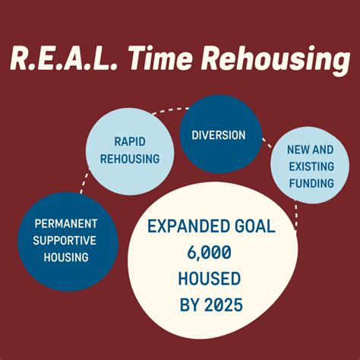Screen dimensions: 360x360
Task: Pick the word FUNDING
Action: pyautogui.click(x=310, y=183)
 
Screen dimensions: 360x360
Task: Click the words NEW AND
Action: pyautogui.click(x=310, y=150)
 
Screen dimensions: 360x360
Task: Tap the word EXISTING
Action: pyautogui.click(x=310, y=166)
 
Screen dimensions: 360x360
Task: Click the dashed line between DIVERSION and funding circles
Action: pyautogui.click(x=267, y=142)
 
